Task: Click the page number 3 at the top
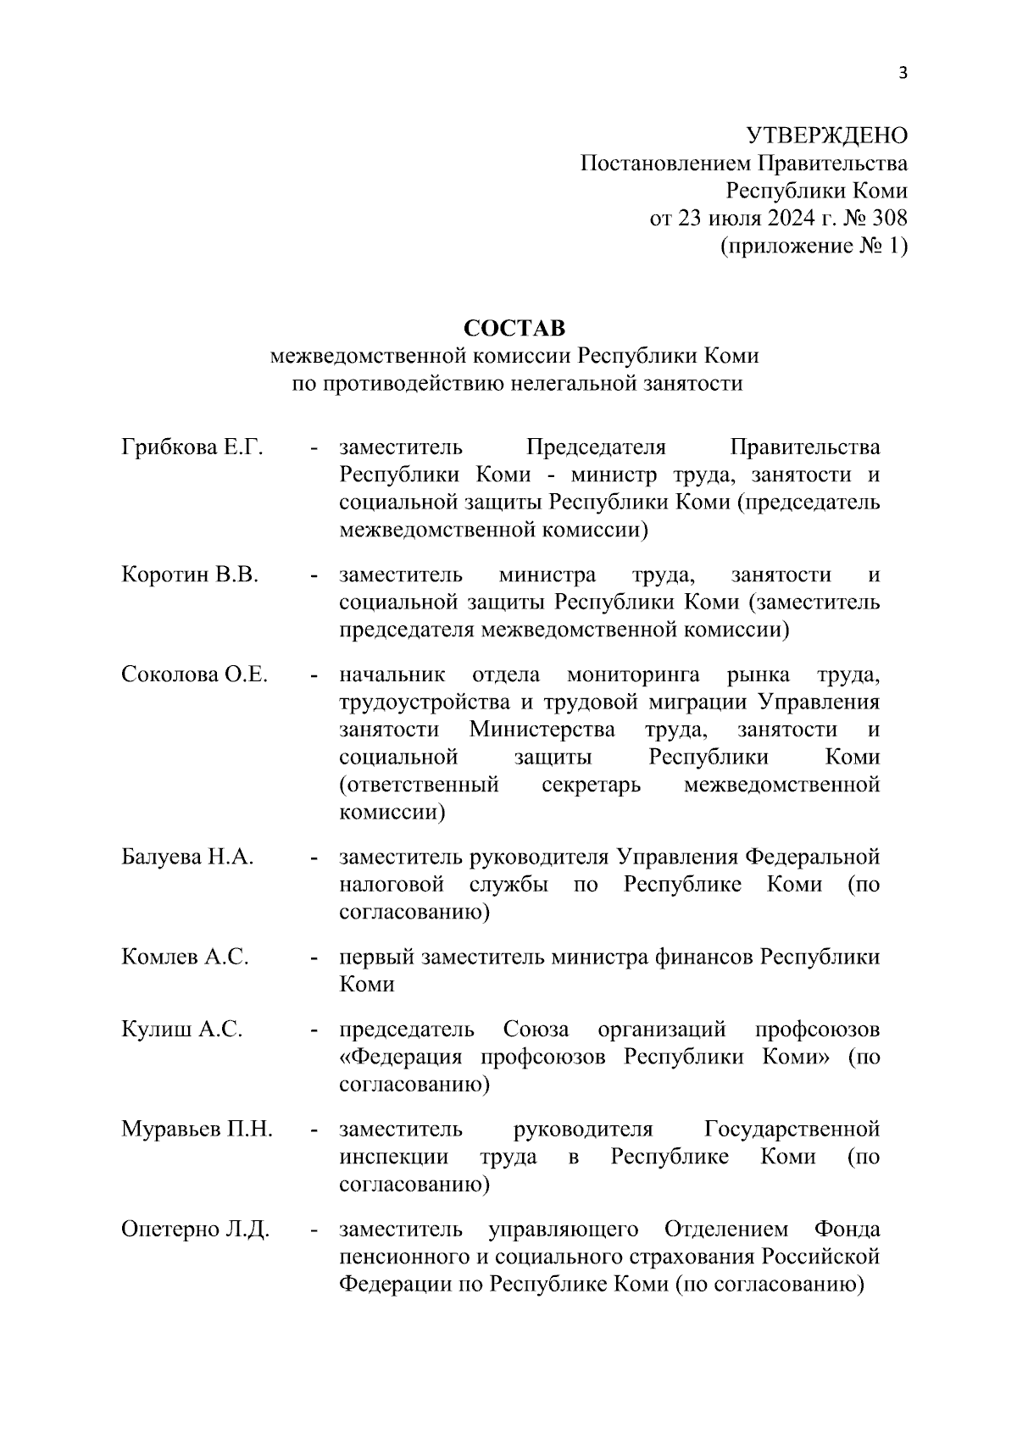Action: coord(903,74)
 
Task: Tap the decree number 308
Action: coord(889,218)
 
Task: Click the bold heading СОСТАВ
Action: coord(514,327)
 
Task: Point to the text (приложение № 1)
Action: coord(814,246)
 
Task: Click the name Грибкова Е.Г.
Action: coord(192,447)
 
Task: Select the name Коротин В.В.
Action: coord(189,575)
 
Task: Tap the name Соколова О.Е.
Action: coord(194,675)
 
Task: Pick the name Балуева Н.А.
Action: coord(187,858)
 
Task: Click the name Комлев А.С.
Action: coord(185,958)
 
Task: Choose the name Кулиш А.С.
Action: coord(181,1030)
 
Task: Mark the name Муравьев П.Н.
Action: coord(197,1130)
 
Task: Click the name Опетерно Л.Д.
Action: coord(195,1230)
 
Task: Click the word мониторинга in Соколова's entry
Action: coord(632,675)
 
